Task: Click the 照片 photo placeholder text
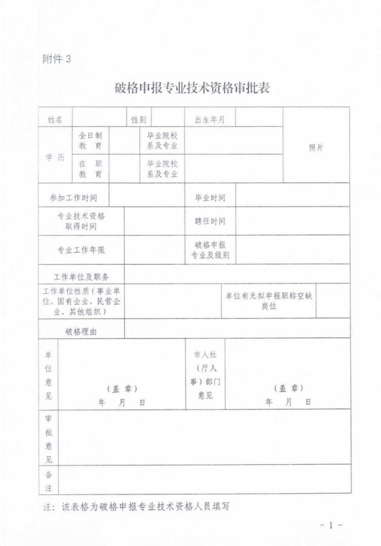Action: (x=316, y=148)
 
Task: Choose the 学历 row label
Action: (x=55, y=157)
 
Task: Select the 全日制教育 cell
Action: (x=90, y=141)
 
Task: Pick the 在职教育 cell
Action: (x=90, y=168)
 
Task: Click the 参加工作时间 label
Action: (x=73, y=198)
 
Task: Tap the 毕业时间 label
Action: (x=210, y=198)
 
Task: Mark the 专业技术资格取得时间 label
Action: (x=81, y=221)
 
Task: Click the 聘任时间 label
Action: (x=210, y=221)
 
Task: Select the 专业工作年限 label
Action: (x=81, y=250)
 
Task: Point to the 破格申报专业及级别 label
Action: (x=210, y=250)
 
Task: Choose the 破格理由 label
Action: (x=81, y=331)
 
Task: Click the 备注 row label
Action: (x=48, y=481)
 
